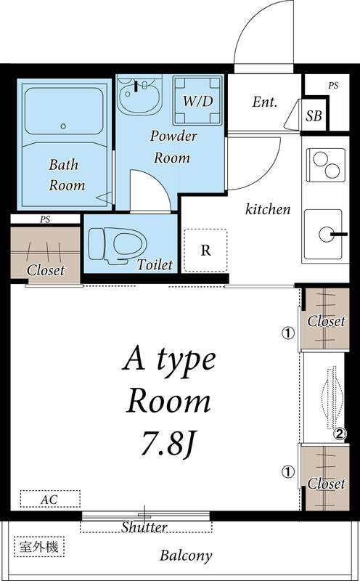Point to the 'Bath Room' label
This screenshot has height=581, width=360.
coord(67,175)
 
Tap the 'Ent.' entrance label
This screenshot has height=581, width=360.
coord(265,102)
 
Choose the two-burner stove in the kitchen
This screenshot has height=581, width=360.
coord(324,164)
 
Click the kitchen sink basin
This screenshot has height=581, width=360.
coord(323,233)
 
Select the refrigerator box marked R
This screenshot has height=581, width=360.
coord(205,251)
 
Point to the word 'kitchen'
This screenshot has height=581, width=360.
coord(268,209)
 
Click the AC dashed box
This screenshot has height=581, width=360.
coord(49,500)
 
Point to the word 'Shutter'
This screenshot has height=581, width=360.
coord(144,527)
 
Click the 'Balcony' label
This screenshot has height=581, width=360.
coord(186,556)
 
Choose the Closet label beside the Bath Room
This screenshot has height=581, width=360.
coord(46,270)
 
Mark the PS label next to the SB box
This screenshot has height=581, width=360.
coord(332,85)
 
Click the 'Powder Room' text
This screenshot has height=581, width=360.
coord(171,146)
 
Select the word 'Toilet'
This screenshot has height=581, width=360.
coord(155,264)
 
